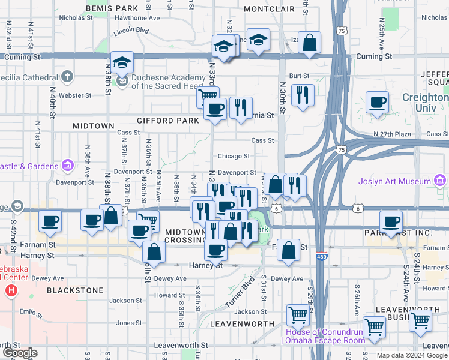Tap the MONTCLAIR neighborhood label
point(270,9)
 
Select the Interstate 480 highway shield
point(322,254)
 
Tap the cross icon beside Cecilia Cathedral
point(67,77)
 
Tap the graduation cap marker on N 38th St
point(122,63)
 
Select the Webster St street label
point(75,95)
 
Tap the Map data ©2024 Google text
point(412,355)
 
